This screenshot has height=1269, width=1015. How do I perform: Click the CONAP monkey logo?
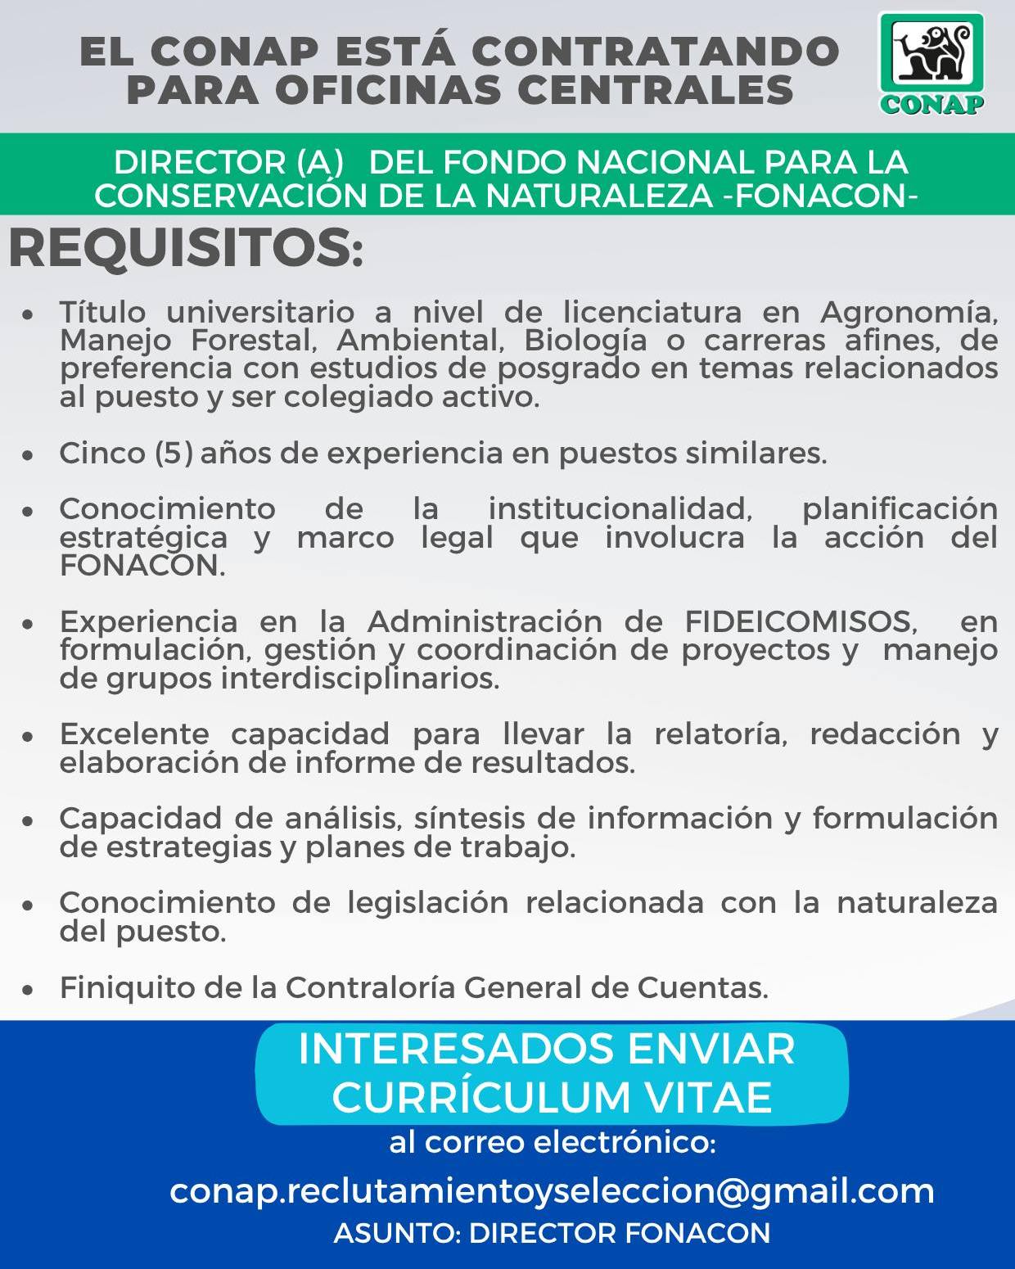(932, 63)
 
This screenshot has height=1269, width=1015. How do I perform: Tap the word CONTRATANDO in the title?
(655, 52)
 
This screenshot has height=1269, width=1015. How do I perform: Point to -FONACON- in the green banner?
(821, 196)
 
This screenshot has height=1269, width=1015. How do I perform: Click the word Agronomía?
(909, 313)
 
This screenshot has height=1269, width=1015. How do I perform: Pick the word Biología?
(585, 340)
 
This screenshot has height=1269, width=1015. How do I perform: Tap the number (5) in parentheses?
(174, 453)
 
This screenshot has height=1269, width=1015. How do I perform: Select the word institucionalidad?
(620, 509)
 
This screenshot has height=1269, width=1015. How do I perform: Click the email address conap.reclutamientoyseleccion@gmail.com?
(552, 1190)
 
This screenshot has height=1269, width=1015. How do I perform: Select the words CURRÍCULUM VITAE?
(552, 1097)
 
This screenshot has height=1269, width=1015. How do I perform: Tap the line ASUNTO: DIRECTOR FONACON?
(552, 1233)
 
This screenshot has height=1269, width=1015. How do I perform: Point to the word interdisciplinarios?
(360, 679)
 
